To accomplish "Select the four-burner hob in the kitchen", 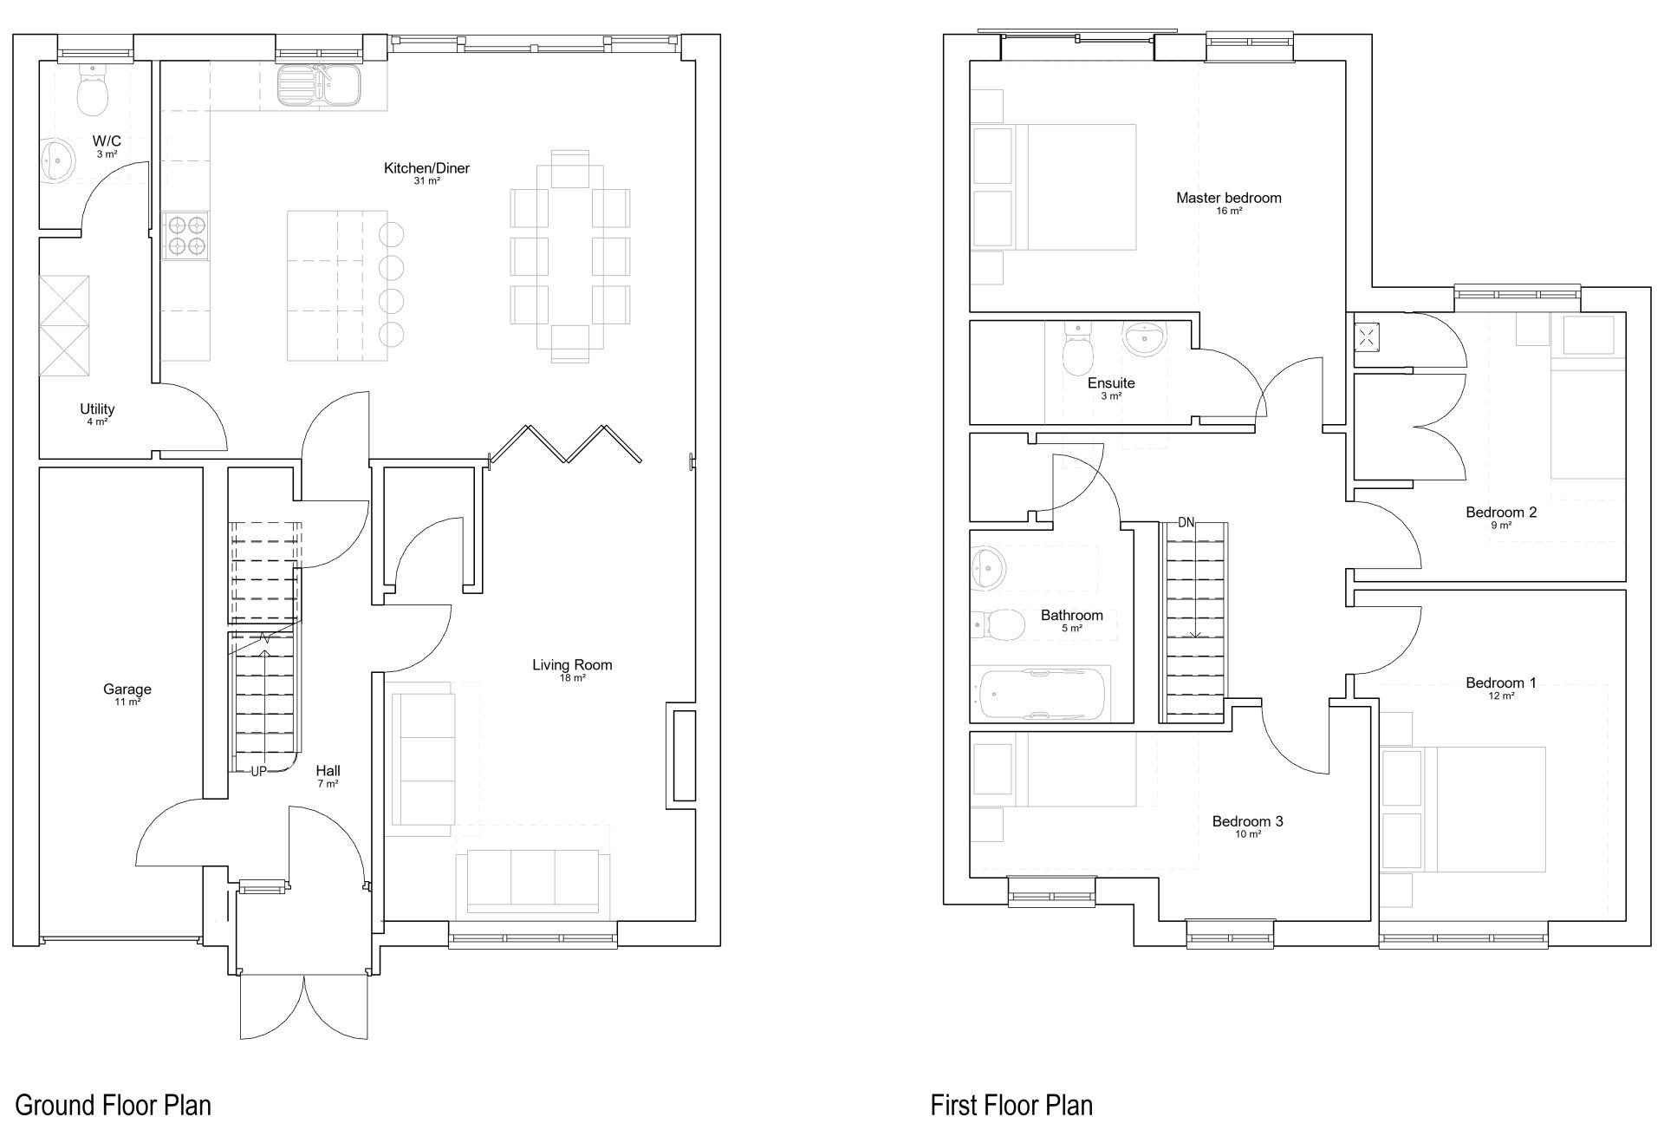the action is coord(185,235).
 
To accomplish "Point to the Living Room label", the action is coord(572,665).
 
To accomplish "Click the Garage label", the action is coord(127,689).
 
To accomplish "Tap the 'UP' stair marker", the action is coord(258,771).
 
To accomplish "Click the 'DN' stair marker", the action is coord(1186,522).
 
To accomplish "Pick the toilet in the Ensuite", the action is coord(1078,349).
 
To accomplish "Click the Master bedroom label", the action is coord(1228,198).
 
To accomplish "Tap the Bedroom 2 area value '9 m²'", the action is coord(1501,526).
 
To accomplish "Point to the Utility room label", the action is coord(97,408).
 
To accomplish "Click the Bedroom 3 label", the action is coord(1247,821).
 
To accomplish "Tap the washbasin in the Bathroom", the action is coord(988,568).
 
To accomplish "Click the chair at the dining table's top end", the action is coord(569,169).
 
